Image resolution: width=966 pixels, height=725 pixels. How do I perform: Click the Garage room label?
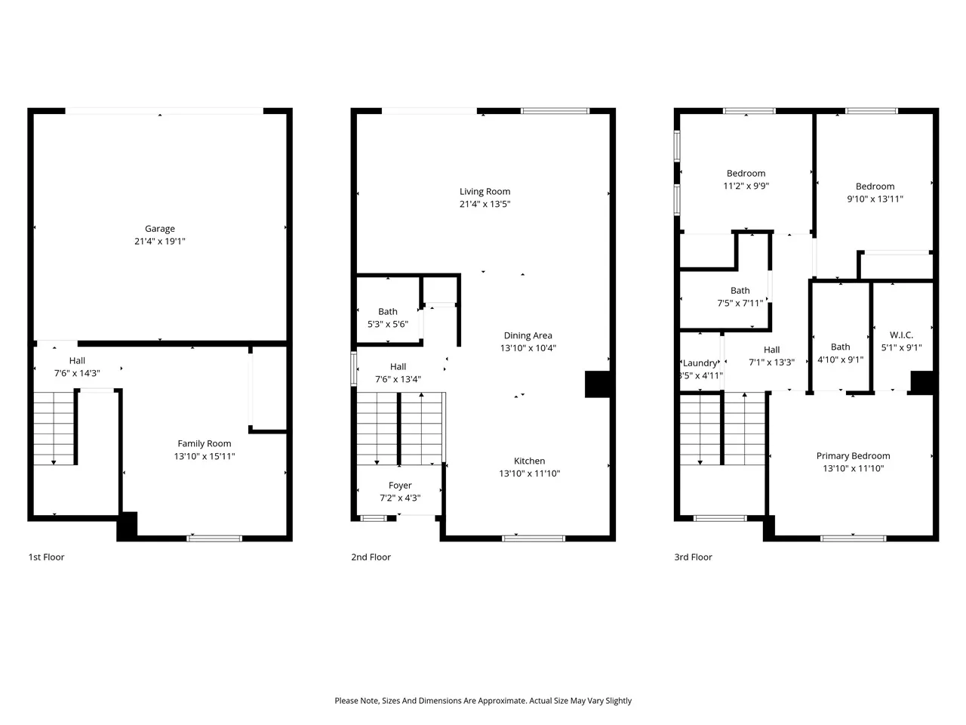(160, 229)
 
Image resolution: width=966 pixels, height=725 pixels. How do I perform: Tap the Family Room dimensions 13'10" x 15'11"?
(205, 456)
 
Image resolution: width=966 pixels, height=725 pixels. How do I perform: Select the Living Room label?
(485, 192)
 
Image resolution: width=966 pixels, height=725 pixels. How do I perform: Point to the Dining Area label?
(528, 335)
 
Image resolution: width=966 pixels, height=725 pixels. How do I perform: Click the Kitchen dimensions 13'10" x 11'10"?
(530, 474)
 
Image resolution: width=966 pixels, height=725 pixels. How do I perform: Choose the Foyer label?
(400, 485)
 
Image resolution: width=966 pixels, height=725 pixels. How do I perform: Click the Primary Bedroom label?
(853, 455)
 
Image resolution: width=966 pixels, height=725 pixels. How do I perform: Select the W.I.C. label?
(901, 335)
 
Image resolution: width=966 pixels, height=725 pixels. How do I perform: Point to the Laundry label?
(700, 363)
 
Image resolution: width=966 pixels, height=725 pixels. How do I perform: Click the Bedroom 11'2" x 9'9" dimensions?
(746, 186)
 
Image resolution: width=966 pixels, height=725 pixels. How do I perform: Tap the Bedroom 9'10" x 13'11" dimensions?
(875, 199)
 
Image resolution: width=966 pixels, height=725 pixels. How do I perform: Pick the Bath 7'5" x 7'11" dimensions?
(740, 303)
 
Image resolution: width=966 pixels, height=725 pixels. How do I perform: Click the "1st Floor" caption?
(46, 557)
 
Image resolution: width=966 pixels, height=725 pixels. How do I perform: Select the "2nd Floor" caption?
(371, 557)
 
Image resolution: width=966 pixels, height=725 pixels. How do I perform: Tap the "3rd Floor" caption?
(693, 557)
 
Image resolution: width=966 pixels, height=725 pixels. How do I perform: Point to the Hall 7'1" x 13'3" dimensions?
(771, 362)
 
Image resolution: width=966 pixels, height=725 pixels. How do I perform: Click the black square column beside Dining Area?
(597, 384)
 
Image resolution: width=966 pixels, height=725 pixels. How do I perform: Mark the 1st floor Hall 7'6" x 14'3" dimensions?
(77, 373)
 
